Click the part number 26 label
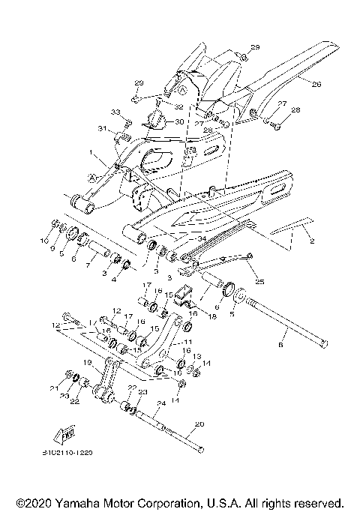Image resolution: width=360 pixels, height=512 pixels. click(x=316, y=85)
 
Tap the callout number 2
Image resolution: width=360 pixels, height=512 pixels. click(x=312, y=241)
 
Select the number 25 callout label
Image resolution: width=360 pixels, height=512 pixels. click(x=259, y=282)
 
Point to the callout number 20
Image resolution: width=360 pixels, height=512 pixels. click(x=199, y=424)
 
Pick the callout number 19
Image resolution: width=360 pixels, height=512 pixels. click(x=88, y=362)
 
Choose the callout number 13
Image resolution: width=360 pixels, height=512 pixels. click(x=197, y=357)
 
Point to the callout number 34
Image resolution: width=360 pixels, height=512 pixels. click(x=202, y=238)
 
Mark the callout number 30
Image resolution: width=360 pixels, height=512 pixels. click(x=178, y=121)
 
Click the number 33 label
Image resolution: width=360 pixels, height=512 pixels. click(x=115, y=112)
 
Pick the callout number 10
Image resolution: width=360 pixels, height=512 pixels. click(x=44, y=241)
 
